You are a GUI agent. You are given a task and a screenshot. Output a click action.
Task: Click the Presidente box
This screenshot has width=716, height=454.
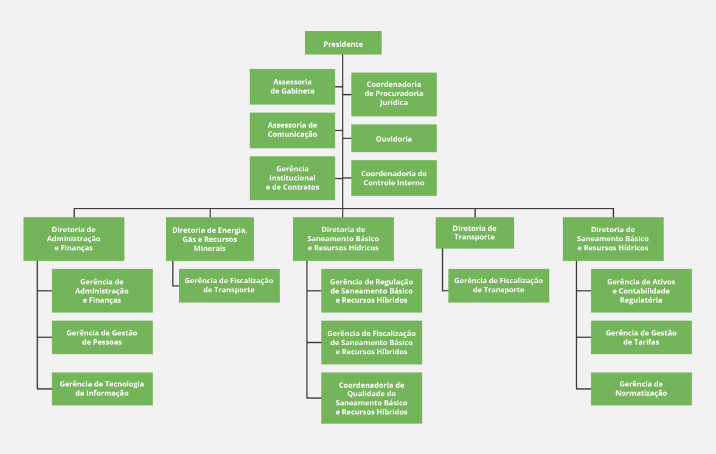tap(343, 44)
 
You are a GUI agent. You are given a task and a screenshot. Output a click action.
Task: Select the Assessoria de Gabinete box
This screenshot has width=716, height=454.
tap(293, 86)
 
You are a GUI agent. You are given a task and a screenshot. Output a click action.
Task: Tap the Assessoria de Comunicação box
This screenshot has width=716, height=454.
tap(293, 130)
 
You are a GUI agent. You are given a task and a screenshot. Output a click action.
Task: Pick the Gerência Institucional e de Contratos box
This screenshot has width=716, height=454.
tap(293, 178)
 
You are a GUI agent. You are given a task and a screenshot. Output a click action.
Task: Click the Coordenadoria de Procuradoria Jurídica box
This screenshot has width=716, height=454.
tap(394, 94)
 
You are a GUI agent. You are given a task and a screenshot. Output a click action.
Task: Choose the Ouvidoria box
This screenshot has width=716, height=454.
tap(394, 139)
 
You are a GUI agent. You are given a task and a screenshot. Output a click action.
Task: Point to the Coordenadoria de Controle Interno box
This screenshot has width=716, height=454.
tap(394, 178)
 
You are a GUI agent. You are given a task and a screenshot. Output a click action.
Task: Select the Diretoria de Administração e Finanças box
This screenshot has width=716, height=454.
tap(74, 239)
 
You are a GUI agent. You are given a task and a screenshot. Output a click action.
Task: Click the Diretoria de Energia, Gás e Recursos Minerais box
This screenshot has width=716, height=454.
tap(210, 239)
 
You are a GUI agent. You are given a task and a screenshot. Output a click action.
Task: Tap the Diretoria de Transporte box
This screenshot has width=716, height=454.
tap(474, 233)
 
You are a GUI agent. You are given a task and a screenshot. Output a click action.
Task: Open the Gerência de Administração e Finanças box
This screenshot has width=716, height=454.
tap(102, 291)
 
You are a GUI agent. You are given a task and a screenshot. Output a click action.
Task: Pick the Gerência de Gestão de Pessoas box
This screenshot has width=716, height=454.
tap(102, 337)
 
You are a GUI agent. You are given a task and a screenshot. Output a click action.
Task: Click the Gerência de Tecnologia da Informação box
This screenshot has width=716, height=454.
tap(102, 388)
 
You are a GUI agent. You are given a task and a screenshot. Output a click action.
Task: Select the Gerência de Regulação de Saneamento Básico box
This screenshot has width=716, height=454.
tap(372, 291)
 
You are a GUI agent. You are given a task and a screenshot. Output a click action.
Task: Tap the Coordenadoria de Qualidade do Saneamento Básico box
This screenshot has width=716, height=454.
tap(372, 398)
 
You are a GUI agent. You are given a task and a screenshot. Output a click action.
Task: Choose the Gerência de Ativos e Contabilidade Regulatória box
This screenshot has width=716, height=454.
tap(641, 291)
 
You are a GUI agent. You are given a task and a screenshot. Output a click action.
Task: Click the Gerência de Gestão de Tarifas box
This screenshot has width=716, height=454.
tap(641, 337)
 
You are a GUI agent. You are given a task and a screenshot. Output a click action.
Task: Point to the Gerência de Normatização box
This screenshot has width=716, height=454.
tap(641, 388)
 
